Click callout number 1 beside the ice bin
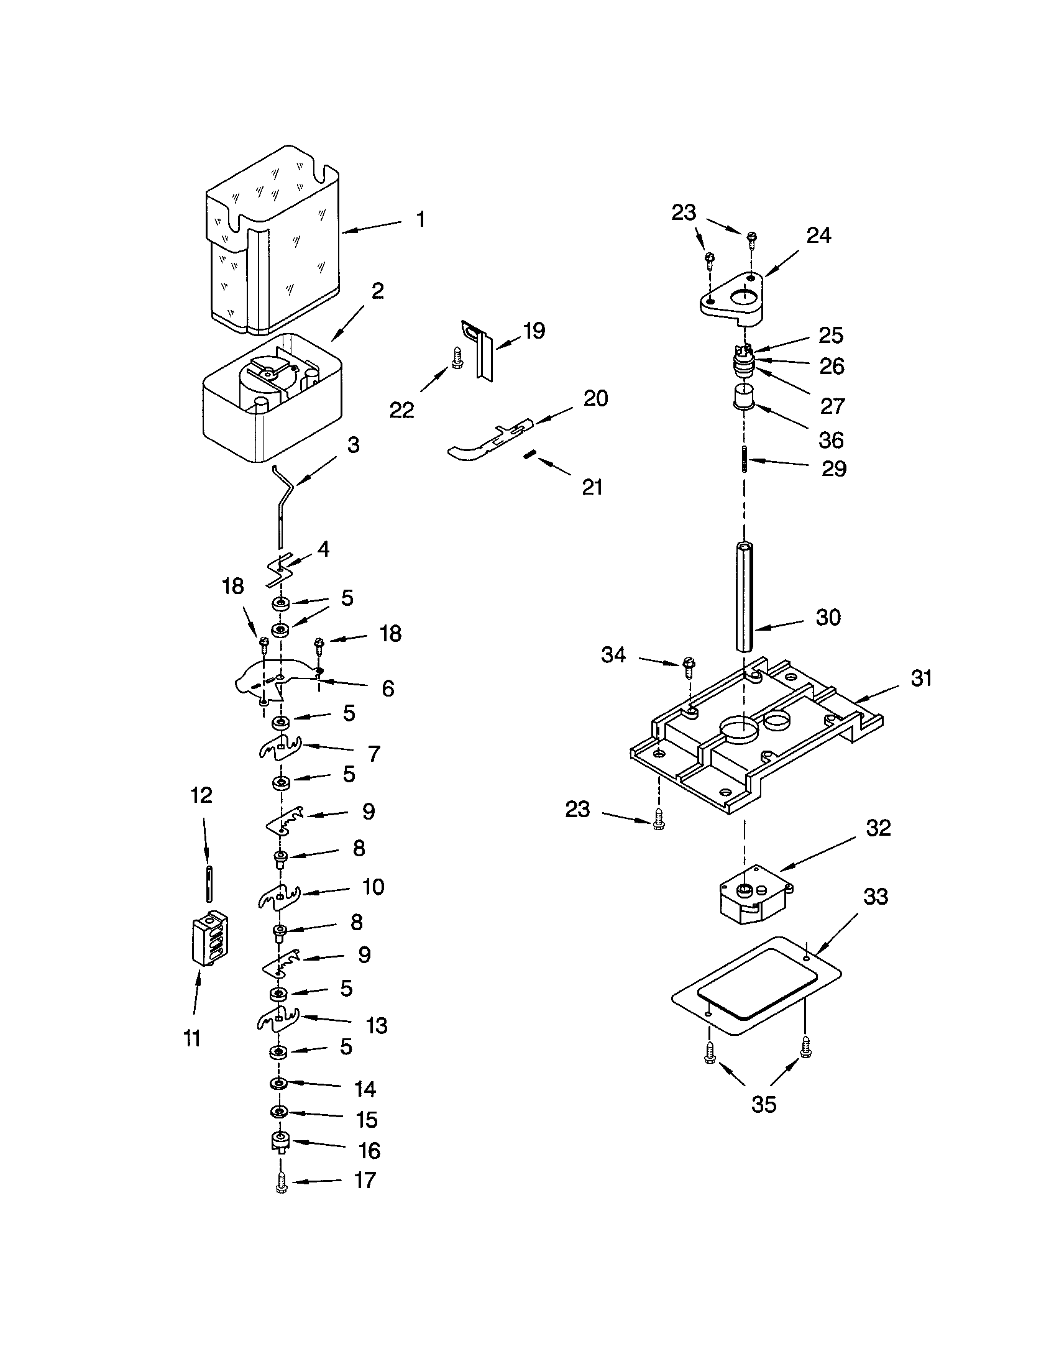[421, 220]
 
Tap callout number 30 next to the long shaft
[827, 618]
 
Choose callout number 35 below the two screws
[764, 1104]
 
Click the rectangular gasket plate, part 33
[756, 987]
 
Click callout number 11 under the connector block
[192, 1038]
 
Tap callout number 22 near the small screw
[401, 411]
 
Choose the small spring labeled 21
[529, 455]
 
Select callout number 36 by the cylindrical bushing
[831, 440]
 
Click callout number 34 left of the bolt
[613, 656]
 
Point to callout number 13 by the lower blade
[376, 1026]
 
